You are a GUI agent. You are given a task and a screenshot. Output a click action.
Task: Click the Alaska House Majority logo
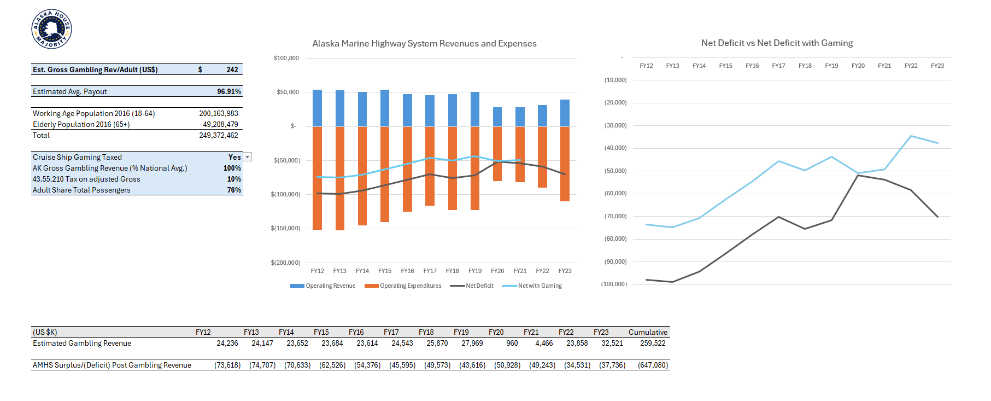pyautogui.click(x=51, y=29)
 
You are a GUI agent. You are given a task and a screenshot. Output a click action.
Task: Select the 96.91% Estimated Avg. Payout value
pyautogui.click(x=228, y=91)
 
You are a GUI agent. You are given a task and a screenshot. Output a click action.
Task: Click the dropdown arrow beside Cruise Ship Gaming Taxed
pyautogui.click(x=248, y=157)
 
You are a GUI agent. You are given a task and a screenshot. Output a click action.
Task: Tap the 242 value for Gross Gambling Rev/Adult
pyautogui.click(x=232, y=69)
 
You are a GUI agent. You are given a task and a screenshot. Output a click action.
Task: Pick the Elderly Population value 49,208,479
pyautogui.click(x=220, y=124)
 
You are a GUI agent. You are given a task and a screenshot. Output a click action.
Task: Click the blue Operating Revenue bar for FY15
pyautogui.click(x=385, y=108)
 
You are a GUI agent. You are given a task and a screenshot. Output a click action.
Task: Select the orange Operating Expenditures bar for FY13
pyautogui.click(x=340, y=178)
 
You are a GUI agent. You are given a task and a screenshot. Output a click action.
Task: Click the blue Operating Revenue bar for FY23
pyautogui.click(x=565, y=113)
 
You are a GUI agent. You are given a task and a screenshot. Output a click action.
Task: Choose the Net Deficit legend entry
pyautogui.click(x=472, y=286)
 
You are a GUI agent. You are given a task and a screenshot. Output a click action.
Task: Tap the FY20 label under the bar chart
pyautogui.click(x=497, y=271)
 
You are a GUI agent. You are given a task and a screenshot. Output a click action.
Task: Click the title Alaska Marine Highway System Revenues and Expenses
pyautogui.click(x=424, y=44)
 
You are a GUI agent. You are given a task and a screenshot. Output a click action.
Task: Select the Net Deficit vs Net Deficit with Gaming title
pyautogui.click(x=777, y=43)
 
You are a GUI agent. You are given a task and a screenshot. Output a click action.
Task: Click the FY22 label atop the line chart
pyautogui.click(x=911, y=66)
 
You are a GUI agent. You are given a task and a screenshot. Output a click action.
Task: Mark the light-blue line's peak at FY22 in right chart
pyautogui.click(x=911, y=136)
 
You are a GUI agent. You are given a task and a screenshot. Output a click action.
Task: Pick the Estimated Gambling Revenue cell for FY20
pyautogui.click(x=512, y=343)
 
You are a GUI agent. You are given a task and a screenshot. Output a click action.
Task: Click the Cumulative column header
pyautogui.click(x=648, y=332)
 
